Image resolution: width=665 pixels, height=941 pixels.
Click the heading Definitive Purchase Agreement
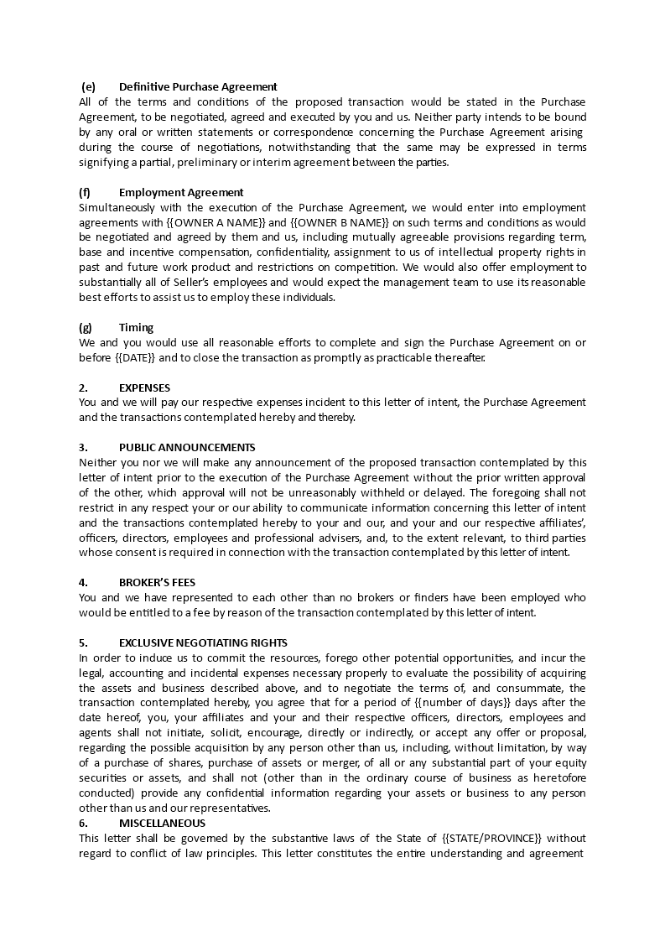click(198, 86)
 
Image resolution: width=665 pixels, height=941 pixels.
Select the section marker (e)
click(88, 86)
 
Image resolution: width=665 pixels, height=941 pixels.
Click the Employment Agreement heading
click(181, 192)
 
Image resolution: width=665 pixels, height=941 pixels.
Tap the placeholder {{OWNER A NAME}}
click(220, 222)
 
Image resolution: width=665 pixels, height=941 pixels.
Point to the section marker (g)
click(85, 327)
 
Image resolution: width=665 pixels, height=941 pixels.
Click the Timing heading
click(136, 327)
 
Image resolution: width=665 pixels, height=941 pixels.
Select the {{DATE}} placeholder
click(134, 357)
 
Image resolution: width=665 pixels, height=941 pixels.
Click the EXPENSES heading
click(144, 387)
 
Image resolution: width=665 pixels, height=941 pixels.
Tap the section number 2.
click(83, 387)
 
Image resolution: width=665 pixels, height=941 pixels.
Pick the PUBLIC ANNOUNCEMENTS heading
click(187, 448)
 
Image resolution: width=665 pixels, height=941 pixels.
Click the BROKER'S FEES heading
click(158, 582)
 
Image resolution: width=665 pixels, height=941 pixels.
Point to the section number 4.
click(83, 582)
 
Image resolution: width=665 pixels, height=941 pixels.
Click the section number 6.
click(83, 823)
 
